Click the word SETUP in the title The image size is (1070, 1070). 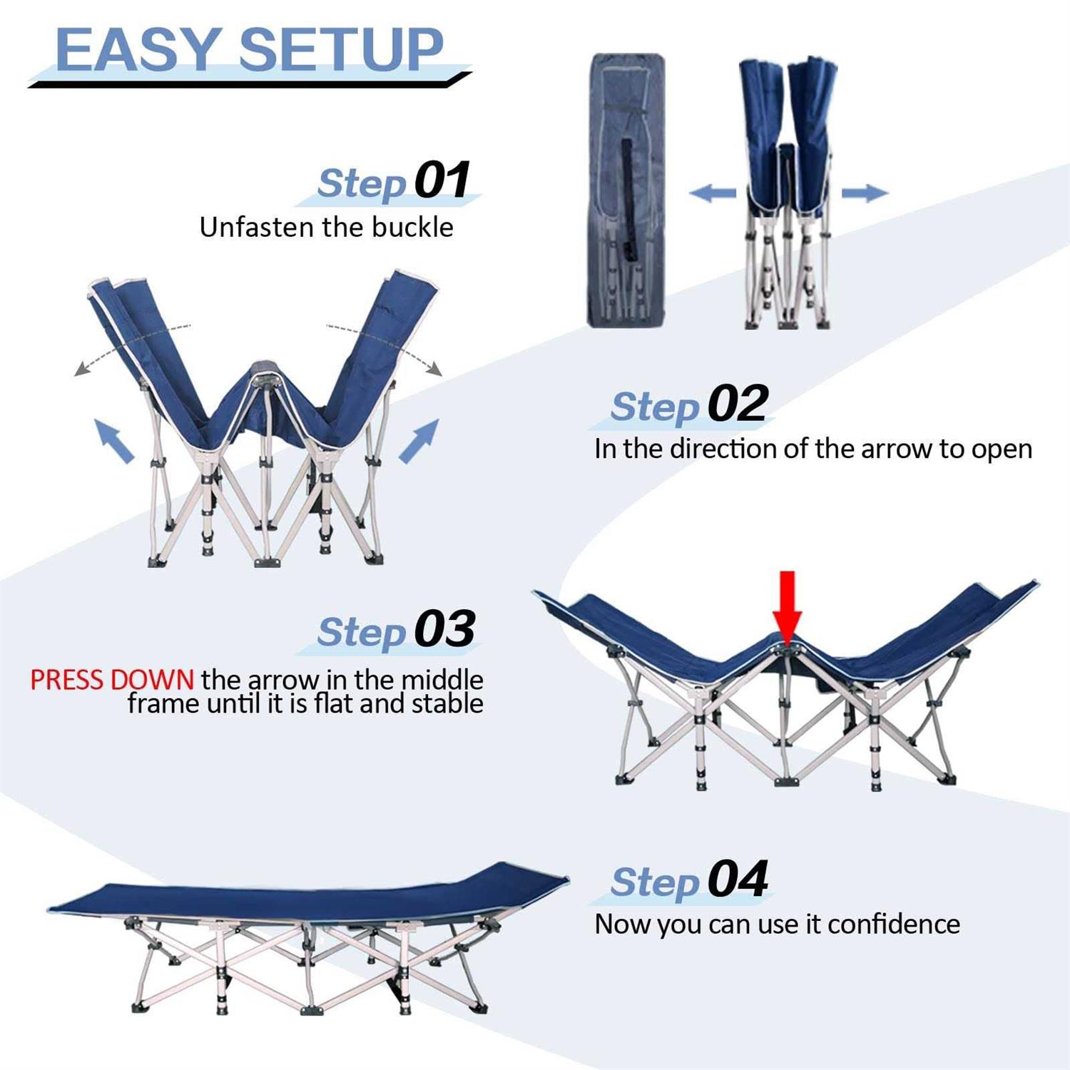341,50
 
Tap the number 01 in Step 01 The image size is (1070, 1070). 442,180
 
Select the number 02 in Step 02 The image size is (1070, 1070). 738,404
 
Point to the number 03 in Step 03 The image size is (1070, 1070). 445,629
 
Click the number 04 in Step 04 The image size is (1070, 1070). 738,880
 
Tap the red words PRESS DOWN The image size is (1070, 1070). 111,680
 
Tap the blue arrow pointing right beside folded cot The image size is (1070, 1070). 865,193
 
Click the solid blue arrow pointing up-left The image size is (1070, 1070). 113,441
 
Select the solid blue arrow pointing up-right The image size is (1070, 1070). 419,441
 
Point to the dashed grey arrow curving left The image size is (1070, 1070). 128,346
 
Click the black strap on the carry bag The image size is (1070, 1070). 627,200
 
